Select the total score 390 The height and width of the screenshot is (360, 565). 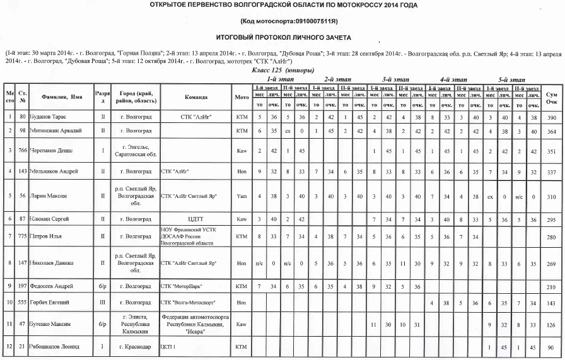[552, 117]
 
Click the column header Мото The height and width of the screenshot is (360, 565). [242, 97]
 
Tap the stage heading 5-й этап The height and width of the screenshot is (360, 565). [511, 80]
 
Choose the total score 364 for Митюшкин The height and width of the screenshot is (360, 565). [552, 131]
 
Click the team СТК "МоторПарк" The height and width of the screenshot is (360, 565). [182, 286]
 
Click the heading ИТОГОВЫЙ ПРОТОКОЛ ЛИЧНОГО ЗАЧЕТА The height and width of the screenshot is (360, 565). [282, 38]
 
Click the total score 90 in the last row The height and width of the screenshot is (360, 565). [552, 347]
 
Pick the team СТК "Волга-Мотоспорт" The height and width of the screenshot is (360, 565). [187, 303]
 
